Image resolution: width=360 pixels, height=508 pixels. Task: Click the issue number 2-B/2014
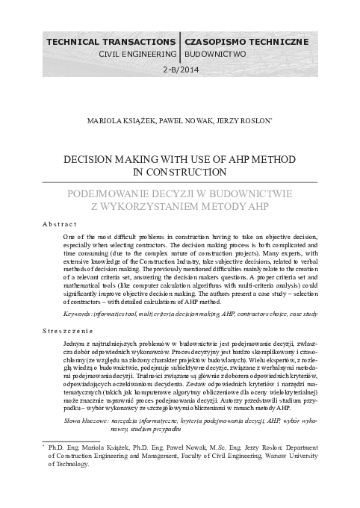179,70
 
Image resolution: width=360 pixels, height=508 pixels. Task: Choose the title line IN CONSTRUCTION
180,171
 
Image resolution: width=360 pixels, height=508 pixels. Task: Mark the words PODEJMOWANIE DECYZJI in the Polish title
136,192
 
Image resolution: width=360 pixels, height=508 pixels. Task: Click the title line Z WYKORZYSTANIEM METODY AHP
180,205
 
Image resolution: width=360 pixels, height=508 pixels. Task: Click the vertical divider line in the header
179,46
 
